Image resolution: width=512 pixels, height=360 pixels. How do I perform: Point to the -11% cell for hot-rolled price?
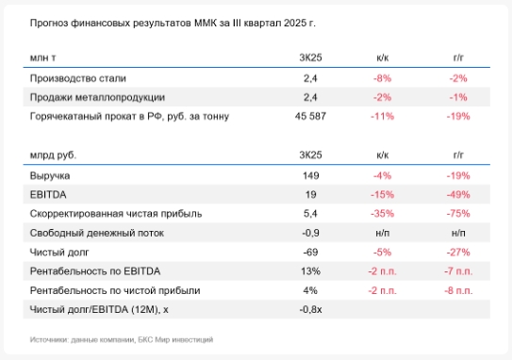[x=382, y=116]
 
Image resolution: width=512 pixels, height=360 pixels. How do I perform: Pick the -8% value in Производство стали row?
[x=382, y=78]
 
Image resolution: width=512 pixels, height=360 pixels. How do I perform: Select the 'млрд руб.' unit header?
[x=54, y=155]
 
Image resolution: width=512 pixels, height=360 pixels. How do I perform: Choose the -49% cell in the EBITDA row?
[x=459, y=194]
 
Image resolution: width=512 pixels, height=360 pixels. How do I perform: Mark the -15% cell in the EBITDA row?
[x=382, y=194]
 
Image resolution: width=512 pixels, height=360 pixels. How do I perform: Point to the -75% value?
[x=459, y=213]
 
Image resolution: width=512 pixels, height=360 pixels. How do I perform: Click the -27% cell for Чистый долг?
[x=459, y=252]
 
